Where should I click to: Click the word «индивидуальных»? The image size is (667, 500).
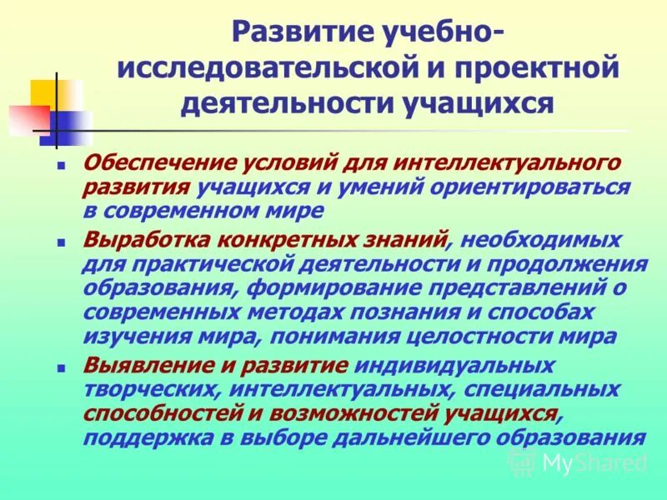coord(455,366)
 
